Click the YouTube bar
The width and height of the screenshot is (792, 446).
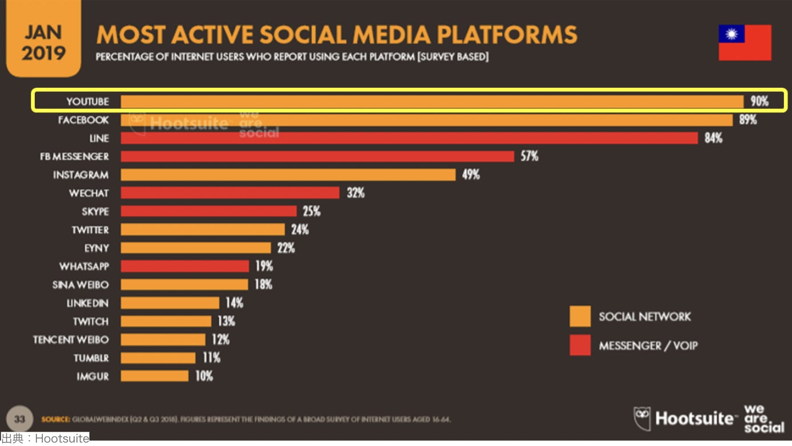pos(432,102)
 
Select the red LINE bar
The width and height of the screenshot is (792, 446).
pos(409,138)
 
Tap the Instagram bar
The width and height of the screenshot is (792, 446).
pos(288,175)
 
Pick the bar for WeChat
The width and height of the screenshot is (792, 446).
pos(230,193)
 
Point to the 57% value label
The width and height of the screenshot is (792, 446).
pos(529,156)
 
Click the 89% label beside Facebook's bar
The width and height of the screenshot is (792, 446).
pos(747,120)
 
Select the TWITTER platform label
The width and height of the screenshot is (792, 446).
pos(90,230)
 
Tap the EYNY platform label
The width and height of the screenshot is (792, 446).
pos(96,248)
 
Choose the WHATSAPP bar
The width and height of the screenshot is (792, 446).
pos(185,266)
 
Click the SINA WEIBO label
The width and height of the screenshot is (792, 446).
pos(80,285)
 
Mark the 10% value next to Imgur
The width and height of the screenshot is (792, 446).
pos(204,376)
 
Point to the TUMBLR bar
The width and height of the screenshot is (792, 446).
pos(158,358)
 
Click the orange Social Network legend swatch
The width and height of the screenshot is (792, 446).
pos(580,317)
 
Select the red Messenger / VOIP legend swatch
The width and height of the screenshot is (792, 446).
pos(580,345)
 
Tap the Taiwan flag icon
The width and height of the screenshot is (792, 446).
pos(745,43)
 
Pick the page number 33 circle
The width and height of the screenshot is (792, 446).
pos(19,419)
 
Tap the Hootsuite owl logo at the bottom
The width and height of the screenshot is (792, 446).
pos(642,419)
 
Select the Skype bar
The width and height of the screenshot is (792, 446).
pos(209,211)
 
